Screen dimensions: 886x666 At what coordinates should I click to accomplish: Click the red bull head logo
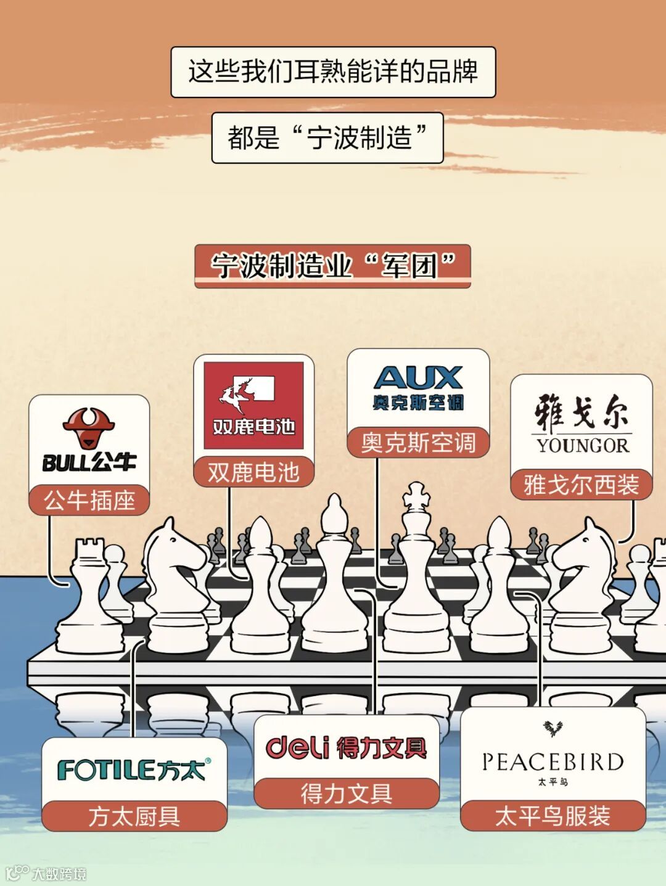(x=89, y=427)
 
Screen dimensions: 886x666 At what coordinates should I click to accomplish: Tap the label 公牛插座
(x=89, y=500)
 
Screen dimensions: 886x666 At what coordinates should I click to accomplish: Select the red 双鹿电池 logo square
(x=253, y=405)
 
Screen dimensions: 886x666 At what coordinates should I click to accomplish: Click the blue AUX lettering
(x=418, y=377)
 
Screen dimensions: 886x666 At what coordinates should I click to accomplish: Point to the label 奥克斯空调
(x=418, y=443)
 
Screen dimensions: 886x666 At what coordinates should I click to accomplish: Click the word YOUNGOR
(x=582, y=445)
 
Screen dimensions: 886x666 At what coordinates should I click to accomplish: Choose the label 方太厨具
(x=134, y=816)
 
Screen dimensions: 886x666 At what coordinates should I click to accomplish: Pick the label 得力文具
(x=347, y=794)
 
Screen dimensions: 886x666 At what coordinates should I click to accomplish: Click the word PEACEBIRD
(x=553, y=762)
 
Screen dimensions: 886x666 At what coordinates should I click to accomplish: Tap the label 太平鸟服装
(x=553, y=816)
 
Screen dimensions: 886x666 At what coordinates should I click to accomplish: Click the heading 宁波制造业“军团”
(x=332, y=266)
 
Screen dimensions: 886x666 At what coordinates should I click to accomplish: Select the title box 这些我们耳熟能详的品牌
(x=333, y=72)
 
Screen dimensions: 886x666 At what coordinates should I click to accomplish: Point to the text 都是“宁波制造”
(x=327, y=137)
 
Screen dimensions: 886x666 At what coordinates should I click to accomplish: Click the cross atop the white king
(x=416, y=495)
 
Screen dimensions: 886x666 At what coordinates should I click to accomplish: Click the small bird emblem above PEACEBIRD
(x=553, y=729)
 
